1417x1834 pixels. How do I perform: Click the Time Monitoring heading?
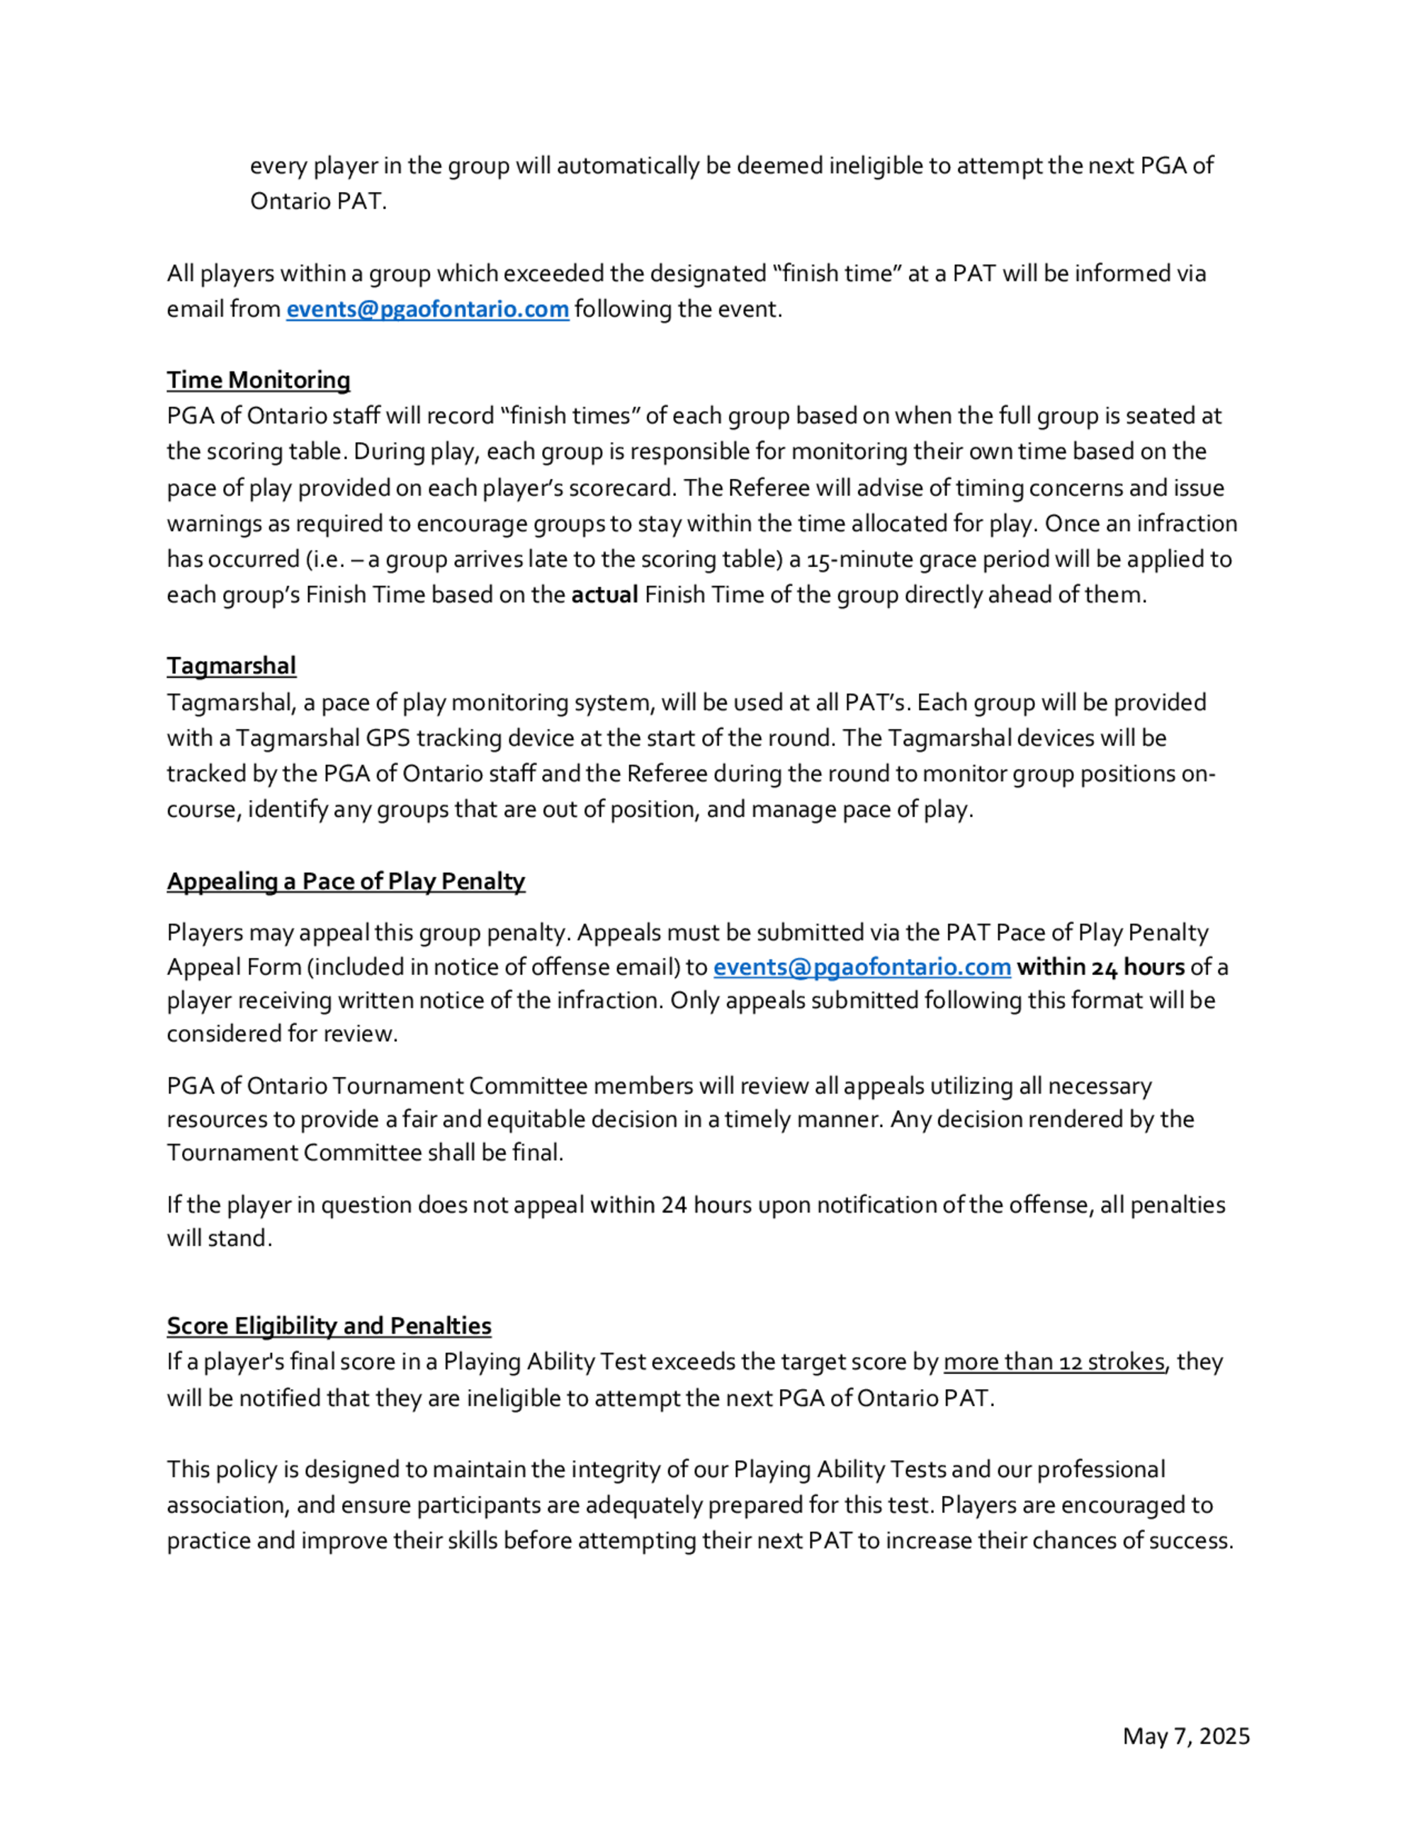coord(258,381)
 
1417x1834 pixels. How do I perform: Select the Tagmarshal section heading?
coord(231,666)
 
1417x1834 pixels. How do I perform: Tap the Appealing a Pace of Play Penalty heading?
coord(346,881)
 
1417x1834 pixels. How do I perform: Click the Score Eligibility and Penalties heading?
coord(329,1326)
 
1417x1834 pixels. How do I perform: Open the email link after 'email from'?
coord(427,309)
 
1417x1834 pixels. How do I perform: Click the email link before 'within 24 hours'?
coord(862,967)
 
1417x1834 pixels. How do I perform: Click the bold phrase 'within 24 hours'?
coord(1100,967)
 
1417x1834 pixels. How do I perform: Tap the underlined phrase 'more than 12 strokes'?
coord(1054,1361)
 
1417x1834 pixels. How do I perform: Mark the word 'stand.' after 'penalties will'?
coord(244,1238)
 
